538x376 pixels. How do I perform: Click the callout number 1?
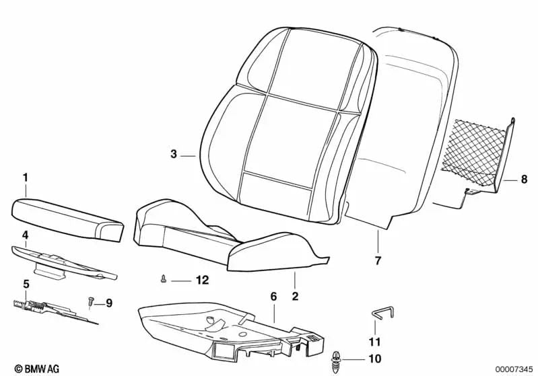[26, 178]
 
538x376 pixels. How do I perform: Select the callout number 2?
[294, 295]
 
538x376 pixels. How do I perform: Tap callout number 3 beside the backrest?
[174, 154]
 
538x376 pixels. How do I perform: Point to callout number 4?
[25, 235]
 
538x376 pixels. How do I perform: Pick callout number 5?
[26, 284]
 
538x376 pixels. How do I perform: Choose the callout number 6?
[273, 297]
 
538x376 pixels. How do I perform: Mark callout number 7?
[378, 260]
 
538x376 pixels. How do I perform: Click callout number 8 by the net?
[524, 179]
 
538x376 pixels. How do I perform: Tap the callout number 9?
[108, 303]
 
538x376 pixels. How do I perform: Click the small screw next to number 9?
[91, 301]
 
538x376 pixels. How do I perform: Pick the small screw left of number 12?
[164, 278]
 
